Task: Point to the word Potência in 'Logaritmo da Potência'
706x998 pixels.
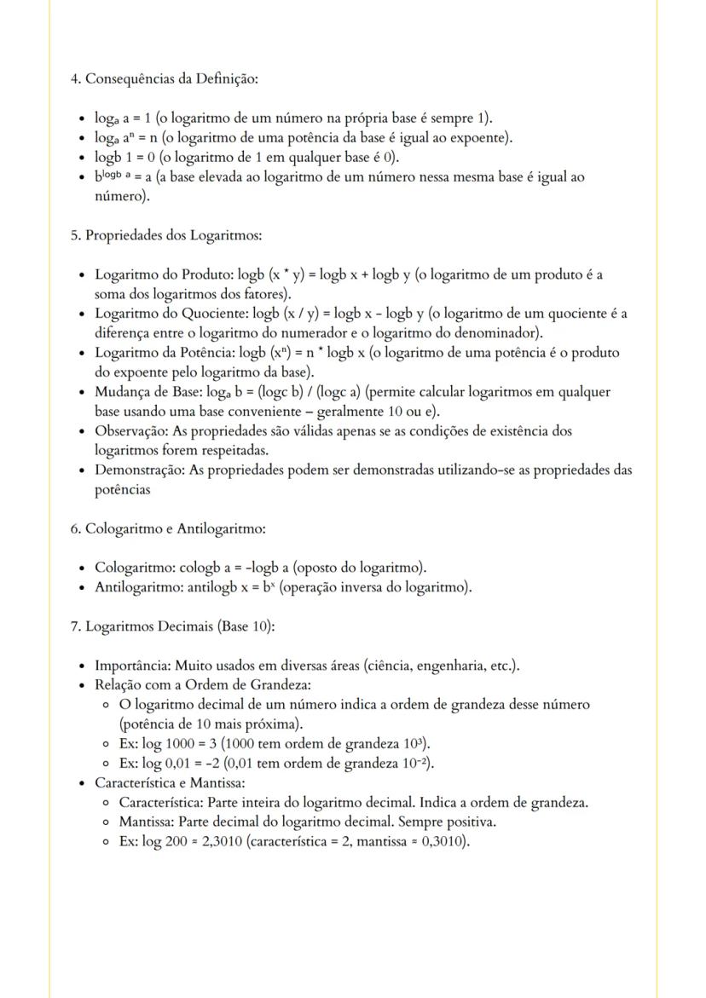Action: pyautogui.click(x=204, y=353)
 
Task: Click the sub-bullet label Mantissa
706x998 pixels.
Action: pyautogui.click(x=147, y=822)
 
